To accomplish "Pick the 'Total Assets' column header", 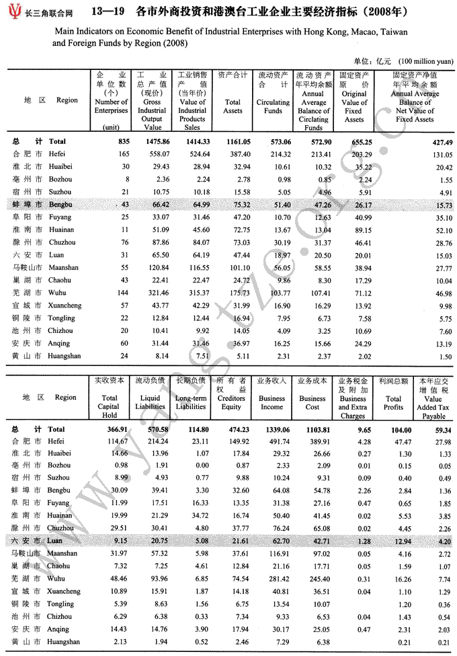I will pyautogui.click(x=233, y=106).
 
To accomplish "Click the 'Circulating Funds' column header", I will pyautogui.click(x=273, y=106).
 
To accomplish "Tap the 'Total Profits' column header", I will pyautogui.click(x=393, y=402).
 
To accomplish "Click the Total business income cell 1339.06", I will pyautogui.click(x=272, y=429).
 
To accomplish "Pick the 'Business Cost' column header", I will pyautogui.click(x=313, y=402).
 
